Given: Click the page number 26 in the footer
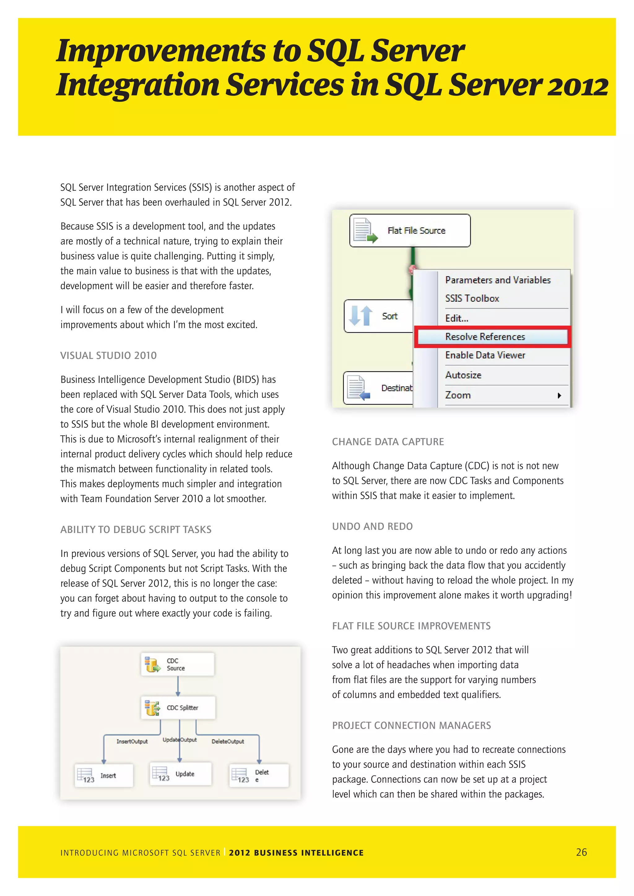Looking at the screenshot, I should point(581,852).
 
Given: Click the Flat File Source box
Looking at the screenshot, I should point(410,230).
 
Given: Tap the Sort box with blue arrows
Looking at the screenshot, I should point(378,316).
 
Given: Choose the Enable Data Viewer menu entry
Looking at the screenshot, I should point(485,355).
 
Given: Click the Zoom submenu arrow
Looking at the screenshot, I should point(559,395).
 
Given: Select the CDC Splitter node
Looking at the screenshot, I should point(178,708).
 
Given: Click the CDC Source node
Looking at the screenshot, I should point(177,664).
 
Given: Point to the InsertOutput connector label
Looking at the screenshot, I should point(132,742).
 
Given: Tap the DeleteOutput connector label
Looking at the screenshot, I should point(228,742).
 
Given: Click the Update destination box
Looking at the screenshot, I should point(181,774).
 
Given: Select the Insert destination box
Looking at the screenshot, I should point(104,775).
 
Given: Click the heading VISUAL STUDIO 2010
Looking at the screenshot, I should point(109,355).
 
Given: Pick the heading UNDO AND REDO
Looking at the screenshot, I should point(372,527).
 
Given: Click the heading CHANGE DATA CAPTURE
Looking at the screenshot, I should point(388,442).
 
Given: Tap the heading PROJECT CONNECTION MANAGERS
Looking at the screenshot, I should point(411,726).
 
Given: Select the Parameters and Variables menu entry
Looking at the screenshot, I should point(498,280).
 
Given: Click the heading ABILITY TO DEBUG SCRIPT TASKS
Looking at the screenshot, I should point(136,530).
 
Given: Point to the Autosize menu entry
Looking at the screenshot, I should point(463,375).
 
